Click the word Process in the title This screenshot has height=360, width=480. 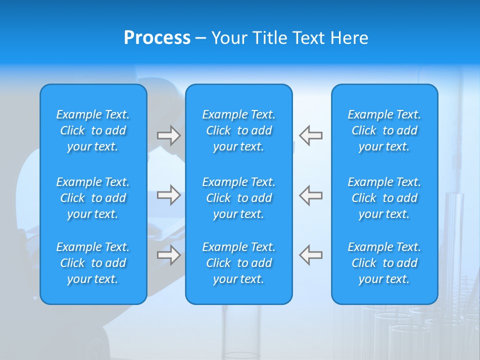157,38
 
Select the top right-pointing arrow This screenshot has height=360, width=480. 168,135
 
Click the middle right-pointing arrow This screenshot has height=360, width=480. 168,195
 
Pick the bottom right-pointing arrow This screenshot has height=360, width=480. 168,255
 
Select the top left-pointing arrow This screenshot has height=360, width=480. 310,135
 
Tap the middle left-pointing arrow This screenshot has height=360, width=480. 310,195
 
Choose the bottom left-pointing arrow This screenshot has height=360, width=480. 310,255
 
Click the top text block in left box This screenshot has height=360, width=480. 93,130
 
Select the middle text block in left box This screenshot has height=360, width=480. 93,198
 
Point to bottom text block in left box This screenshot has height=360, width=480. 93,263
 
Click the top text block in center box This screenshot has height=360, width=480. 239,130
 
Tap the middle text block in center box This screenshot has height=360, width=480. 239,198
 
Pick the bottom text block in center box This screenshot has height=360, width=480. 239,263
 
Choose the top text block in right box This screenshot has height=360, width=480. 384,130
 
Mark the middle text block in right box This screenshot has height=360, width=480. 384,198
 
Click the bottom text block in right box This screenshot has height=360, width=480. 384,263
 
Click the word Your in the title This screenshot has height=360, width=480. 228,38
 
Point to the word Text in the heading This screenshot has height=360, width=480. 308,38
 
